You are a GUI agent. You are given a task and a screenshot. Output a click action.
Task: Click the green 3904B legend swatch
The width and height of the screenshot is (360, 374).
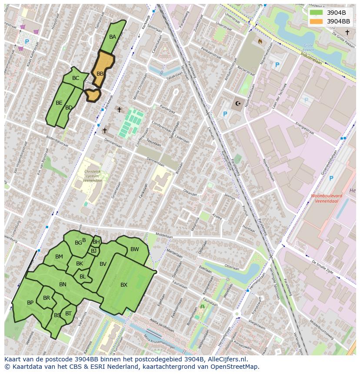click(317, 13)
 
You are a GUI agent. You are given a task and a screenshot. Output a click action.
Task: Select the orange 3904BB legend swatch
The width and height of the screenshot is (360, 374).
click(317, 21)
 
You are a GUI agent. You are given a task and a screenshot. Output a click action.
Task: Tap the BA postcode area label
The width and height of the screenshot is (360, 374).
click(113, 37)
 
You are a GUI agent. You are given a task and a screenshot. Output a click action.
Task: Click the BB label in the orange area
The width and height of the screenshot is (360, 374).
click(100, 74)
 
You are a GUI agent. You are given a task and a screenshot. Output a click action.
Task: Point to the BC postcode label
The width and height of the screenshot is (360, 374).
click(76, 78)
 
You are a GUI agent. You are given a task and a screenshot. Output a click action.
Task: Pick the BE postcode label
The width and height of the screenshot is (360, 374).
click(59, 103)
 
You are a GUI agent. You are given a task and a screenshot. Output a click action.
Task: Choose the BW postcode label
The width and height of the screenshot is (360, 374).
click(135, 249)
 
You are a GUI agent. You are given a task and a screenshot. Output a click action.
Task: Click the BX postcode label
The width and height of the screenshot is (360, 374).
click(124, 285)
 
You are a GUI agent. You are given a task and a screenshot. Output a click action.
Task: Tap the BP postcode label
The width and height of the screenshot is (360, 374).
click(30, 303)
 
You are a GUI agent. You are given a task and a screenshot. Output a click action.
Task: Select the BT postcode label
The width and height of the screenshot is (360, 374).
click(68, 313)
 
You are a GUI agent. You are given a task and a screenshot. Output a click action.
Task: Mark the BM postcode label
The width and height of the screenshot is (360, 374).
click(59, 257)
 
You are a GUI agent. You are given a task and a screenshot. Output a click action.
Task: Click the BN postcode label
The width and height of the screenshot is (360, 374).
click(63, 285)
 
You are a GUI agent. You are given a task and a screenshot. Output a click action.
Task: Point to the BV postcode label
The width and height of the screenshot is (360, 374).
click(103, 264)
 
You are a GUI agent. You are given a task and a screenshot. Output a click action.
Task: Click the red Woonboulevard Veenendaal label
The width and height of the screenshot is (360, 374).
click(327, 198)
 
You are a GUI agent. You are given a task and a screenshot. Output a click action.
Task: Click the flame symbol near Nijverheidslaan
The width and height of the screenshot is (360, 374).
click(260, 42)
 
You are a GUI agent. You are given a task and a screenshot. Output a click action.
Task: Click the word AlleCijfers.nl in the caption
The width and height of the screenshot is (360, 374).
click(226, 359)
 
